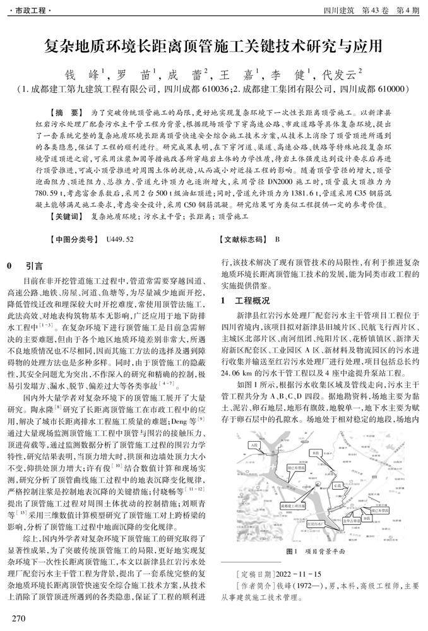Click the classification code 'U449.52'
click(121, 239)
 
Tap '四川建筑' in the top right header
click(338, 11)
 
